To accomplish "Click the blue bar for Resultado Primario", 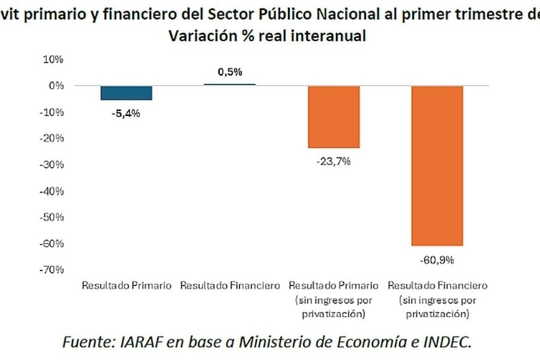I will click(126, 92).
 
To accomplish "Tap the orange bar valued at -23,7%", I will click(333, 117).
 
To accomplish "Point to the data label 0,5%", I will click(230, 72).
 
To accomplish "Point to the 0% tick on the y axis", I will click(56, 86).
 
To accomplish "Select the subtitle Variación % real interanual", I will click(267, 36).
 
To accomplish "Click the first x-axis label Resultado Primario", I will click(126, 286).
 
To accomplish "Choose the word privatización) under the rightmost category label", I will click(437, 314).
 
